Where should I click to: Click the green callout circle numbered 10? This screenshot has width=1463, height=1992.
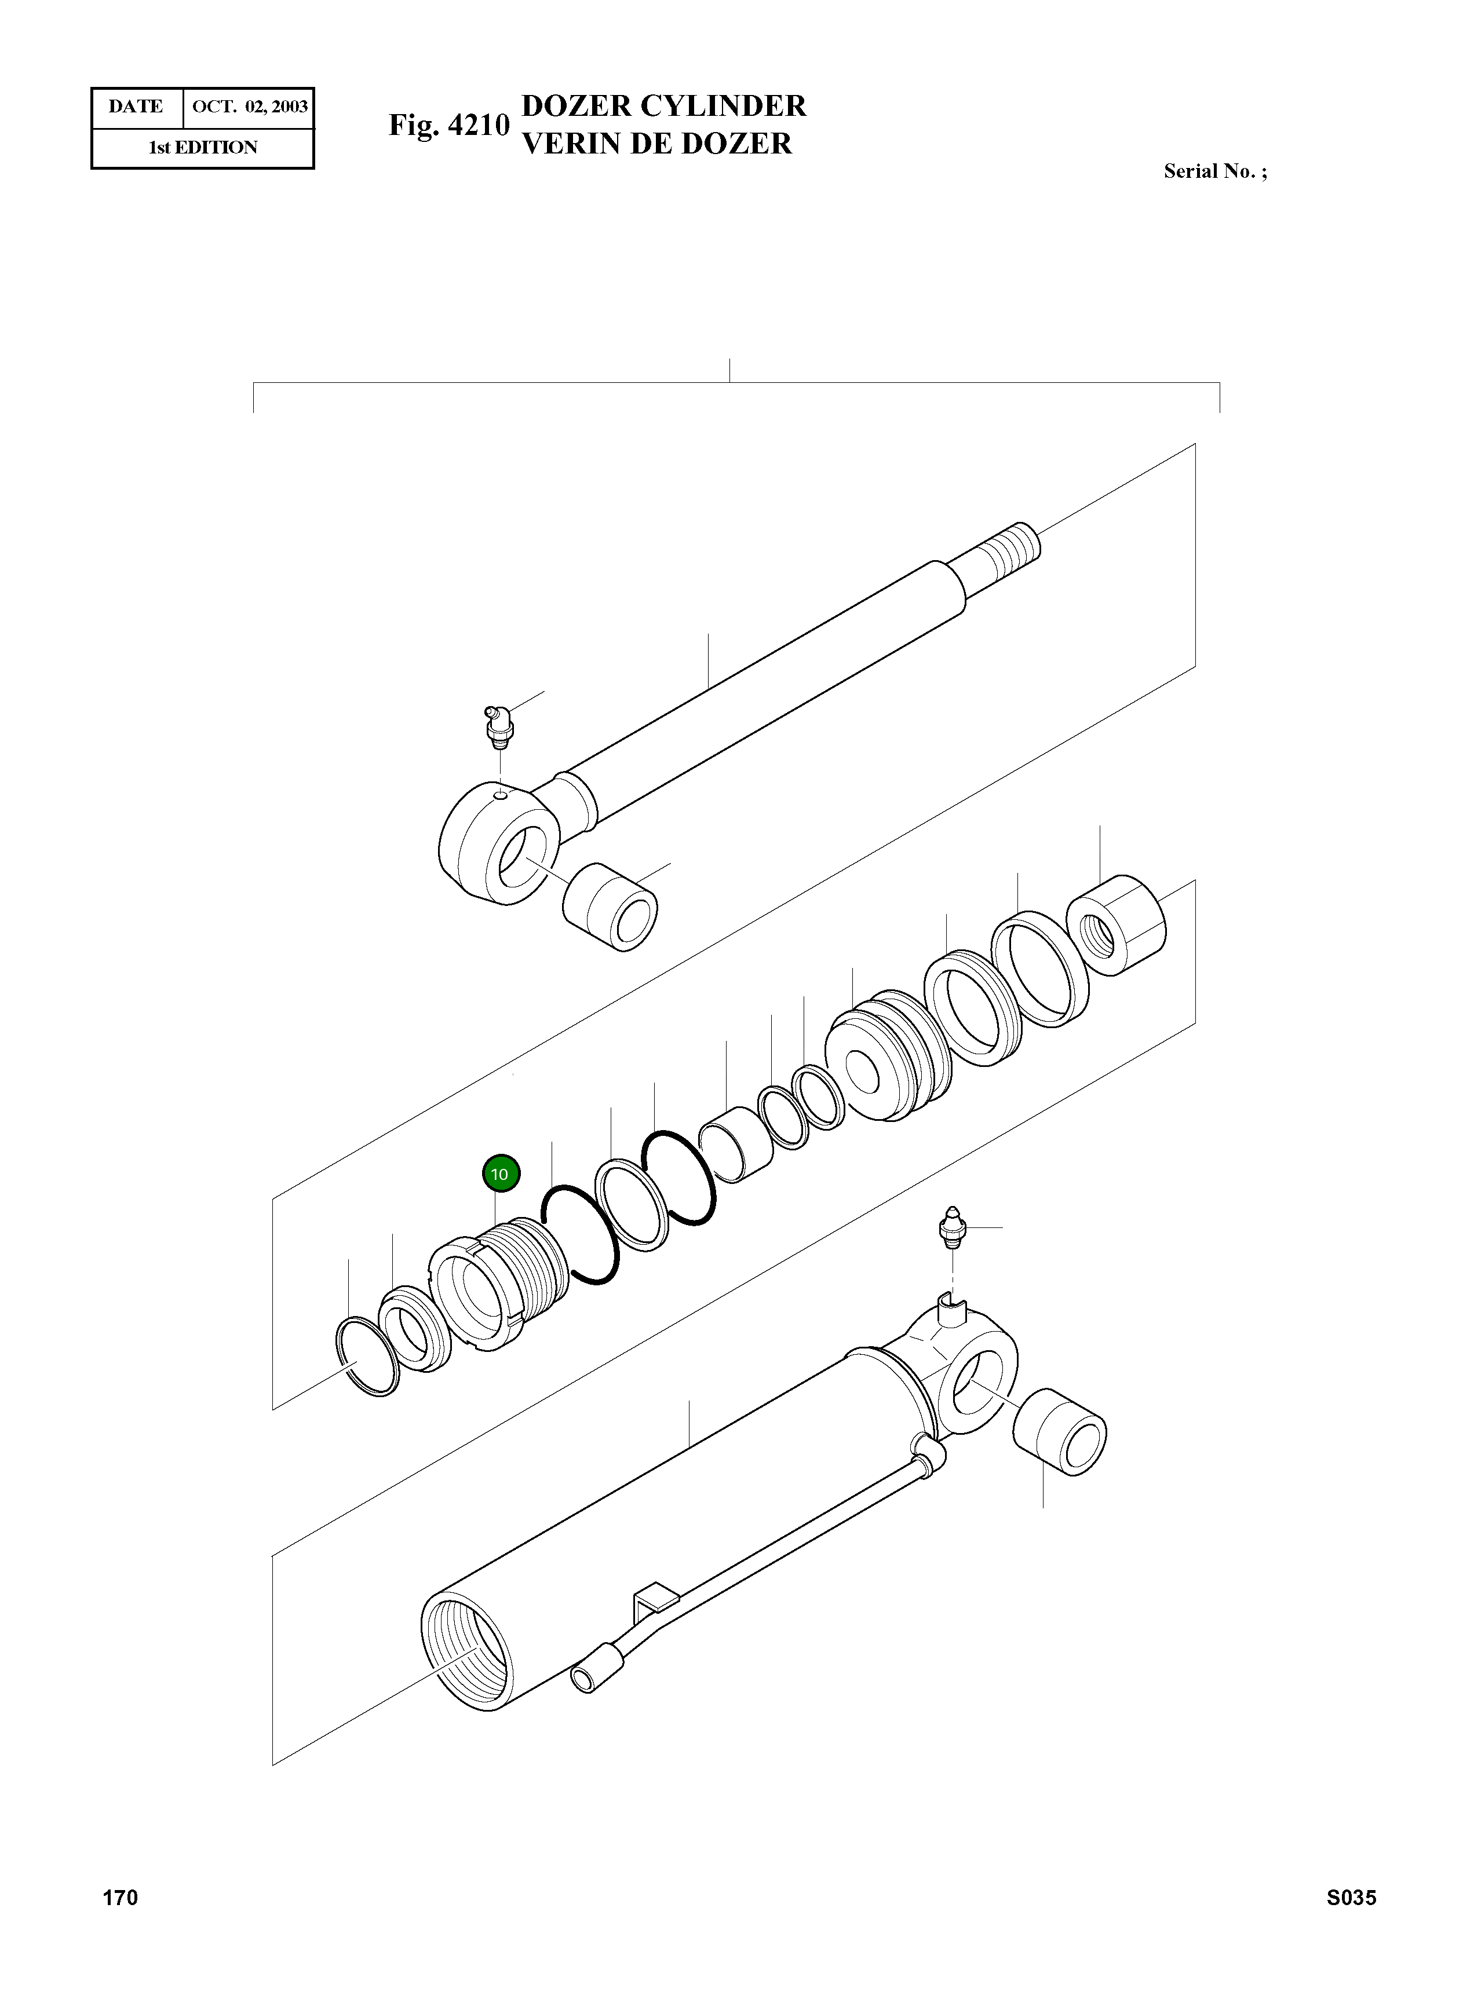(501, 1174)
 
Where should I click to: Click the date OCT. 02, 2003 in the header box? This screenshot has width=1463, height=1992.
(250, 107)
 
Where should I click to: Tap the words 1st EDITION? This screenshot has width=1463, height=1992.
(203, 148)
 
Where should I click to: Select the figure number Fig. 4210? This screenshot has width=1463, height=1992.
(449, 125)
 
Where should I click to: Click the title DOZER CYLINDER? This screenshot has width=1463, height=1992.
(663, 105)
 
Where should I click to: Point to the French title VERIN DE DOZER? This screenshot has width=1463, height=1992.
(656, 144)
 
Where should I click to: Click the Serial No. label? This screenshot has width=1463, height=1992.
(1214, 172)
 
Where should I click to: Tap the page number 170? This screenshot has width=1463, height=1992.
(121, 1897)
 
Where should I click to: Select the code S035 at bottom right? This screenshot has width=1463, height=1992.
(1351, 1897)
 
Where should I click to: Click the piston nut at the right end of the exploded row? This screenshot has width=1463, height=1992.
(1117, 924)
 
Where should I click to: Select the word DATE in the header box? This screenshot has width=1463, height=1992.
(136, 107)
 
